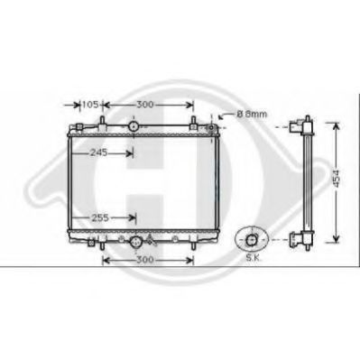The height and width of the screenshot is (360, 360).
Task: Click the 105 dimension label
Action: coord(89,106)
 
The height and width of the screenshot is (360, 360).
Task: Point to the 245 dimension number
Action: coord(99,152)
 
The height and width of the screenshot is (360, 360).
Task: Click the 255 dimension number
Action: coord(102,217)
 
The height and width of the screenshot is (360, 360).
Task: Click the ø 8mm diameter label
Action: coord(251,115)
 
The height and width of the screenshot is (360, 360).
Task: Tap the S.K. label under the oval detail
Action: coord(254,258)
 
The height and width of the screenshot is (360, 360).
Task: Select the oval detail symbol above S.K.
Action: coord(251,239)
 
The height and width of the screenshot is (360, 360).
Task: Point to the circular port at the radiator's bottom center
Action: coord(136,241)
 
